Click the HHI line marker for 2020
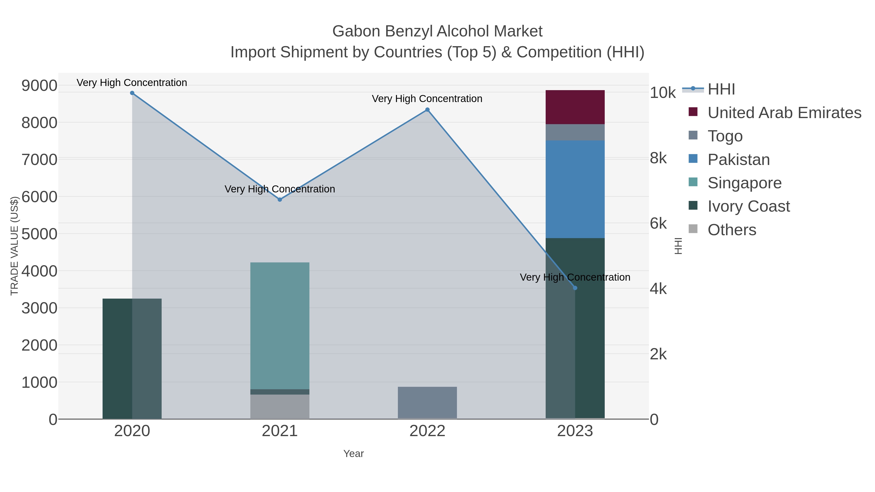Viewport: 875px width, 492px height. click(132, 93)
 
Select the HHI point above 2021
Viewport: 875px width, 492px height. click(280, 200)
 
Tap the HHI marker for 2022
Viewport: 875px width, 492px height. click(427, 110)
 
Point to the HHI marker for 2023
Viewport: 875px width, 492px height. click(575, 288)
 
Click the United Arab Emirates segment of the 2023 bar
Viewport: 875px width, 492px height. click(575, 107)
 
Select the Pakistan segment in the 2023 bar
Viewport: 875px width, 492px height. click(575, 189)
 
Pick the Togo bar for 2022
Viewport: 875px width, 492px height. click(427, 403)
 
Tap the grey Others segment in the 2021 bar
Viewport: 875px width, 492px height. click(280, 406)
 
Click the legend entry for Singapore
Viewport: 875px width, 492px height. click(744, 183)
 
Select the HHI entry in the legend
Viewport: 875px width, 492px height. click(721, 89)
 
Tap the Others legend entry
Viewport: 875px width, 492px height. click(732, 230)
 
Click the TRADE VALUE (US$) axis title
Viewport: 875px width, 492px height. click(14, 246)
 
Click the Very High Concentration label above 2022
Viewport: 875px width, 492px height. click(427, 99)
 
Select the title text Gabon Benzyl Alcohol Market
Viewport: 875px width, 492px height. click(437, 31)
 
